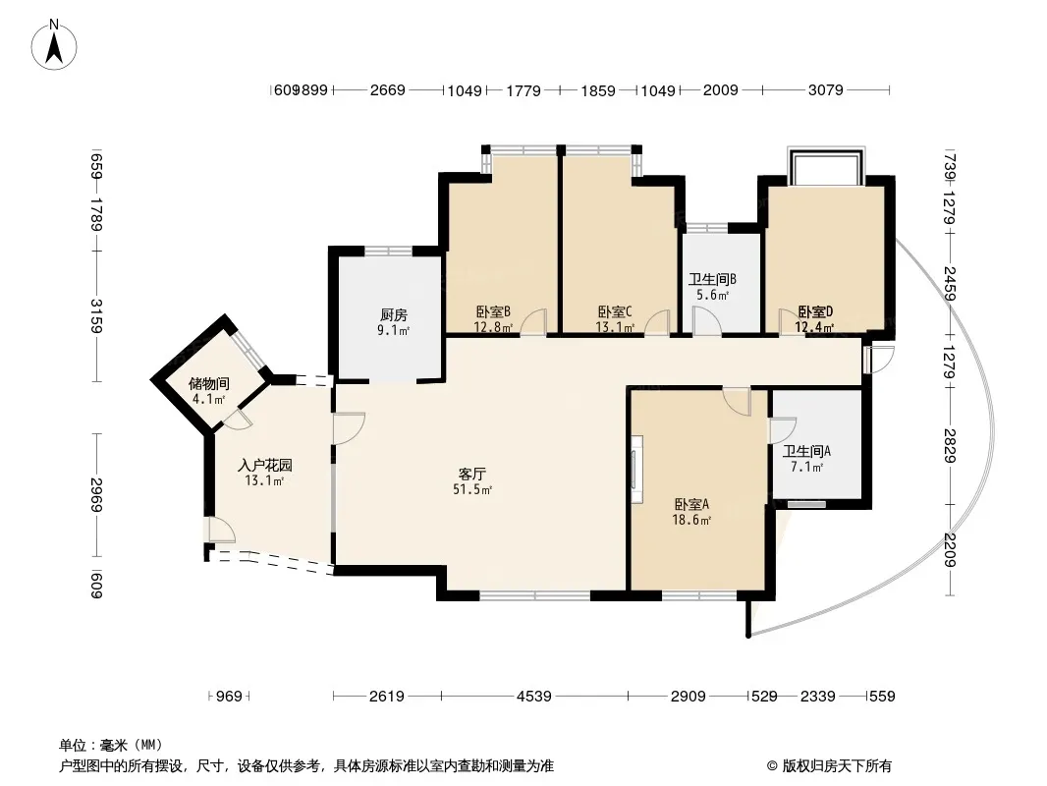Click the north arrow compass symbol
tap(54, 45)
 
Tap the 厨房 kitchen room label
tap(393, 314)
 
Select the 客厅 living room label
tap(472, 475)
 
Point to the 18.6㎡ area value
tap(691, 520)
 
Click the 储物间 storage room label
tap(208, 384)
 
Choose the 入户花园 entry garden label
tap(265, 466)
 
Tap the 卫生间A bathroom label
tap(806, 451)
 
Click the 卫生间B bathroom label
tap(712, 279)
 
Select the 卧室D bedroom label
tap(815, 311)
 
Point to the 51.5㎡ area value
tap(472, 489)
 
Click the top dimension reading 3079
tap(826, 90)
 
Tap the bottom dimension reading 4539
tap(534, 697)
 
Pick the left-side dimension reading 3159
tap(97, 315)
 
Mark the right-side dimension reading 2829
tap(950, 445)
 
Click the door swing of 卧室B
tap(534, 321)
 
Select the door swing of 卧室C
tap(657, 322)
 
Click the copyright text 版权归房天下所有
tap(837, 766)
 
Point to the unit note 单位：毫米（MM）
tap(111, 745)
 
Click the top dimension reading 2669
tap(388, 90)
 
